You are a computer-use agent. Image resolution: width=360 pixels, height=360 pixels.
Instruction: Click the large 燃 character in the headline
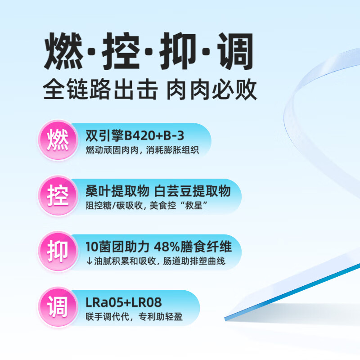coord(63,51)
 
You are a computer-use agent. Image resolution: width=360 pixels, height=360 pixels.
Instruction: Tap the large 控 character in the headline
coord(121,51)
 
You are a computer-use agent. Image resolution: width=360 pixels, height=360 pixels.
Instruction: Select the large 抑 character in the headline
coord(178,51)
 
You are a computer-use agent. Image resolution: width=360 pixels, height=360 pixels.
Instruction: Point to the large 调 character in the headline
coord(235,51)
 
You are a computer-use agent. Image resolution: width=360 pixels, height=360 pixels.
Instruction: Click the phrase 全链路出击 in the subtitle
coord(100,89)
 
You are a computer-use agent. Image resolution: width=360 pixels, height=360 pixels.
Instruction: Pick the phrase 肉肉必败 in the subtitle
coord(211,89)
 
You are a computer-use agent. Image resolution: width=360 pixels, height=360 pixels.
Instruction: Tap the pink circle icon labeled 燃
coord(58,139)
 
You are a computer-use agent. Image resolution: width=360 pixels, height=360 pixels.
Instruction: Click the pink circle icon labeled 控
coord(58,195)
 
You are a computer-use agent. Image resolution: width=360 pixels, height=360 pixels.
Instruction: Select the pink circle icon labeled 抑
coord(58,251)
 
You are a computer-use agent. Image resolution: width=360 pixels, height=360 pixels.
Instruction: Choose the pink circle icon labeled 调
coord(58,307)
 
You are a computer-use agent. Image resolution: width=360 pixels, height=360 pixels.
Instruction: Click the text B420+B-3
coord(154,135)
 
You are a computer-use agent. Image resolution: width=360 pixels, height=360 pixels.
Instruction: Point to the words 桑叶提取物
coord(117,191)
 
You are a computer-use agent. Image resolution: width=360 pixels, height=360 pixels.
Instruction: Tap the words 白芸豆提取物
coord(193,191)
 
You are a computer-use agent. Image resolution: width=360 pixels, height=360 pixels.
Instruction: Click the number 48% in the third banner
coord(167,247)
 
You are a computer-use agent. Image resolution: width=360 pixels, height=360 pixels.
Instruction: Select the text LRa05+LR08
coord(123,302)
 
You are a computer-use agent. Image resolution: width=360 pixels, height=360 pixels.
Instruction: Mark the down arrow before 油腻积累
coord(89,261)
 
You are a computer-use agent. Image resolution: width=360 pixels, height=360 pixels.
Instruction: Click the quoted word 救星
coord(194,206)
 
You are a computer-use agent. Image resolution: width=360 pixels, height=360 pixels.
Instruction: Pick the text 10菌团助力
coord(117,247)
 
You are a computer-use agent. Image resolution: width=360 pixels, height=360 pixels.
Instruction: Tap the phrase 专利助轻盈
coord(161,317)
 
